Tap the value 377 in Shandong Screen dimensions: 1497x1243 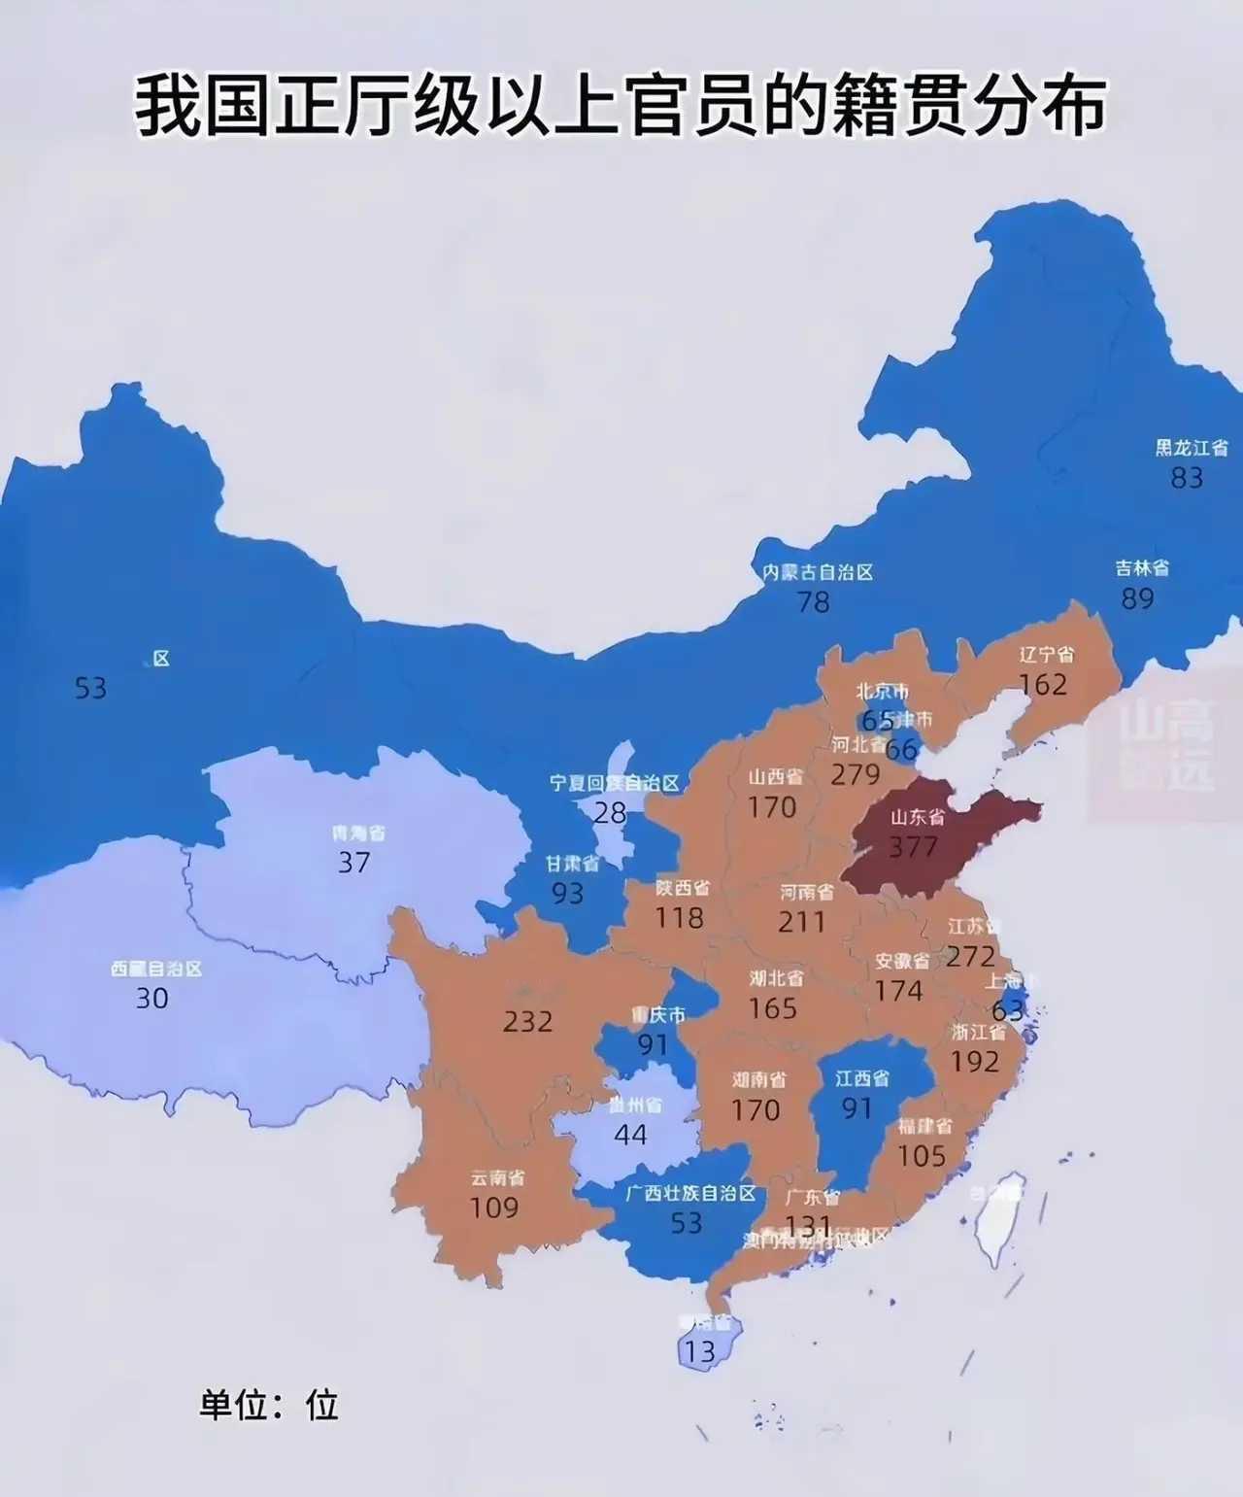click(913, 847)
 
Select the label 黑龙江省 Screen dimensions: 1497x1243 click(1191, 448)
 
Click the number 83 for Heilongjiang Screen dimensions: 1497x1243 click(1187, 478)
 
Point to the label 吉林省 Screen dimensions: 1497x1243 click(1141, 568)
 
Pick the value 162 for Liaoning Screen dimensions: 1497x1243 click(1043, 685)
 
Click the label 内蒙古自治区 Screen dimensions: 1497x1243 click(818, 572)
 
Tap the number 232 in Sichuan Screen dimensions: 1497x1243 click(527, 1021)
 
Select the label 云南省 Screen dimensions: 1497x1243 click(497, 1177)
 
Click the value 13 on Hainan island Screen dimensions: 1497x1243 click(699, 1351)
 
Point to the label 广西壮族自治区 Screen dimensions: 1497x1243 click(689, 1193)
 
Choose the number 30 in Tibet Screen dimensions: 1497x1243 click(151, 998)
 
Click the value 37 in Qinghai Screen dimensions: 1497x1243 click(353, 862)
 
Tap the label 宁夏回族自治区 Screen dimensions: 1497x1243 click(614, 783)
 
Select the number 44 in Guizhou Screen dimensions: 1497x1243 click(630, 1134)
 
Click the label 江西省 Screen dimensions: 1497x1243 click(861, 1078)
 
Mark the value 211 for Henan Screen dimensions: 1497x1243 click(801, 921)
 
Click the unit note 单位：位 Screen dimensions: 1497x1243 click(269, 1405)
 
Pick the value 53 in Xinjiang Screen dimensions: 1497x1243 click(90, 688)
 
